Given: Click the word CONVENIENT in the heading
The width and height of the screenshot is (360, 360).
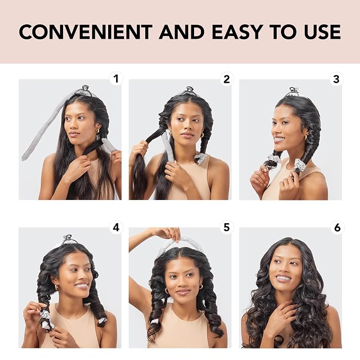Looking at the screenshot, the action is pyautogui.click(x=86, y=32).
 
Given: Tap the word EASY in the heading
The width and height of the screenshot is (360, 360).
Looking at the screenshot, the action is pyautogui.click(x=238, y=32).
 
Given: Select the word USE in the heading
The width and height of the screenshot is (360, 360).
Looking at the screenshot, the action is pyautogui.click(x=322, y=32).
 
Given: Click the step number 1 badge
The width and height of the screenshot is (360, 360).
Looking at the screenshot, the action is pyautogui.click(x=116, y=79).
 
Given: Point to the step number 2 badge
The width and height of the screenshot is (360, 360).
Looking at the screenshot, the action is pyautogui.click(x=226, y=79).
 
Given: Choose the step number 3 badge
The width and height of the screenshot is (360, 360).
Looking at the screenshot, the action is pyautogui.click(x=336, y=79).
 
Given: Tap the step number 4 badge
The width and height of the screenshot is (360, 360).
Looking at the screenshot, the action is pyautogui.click(x=116, y=227).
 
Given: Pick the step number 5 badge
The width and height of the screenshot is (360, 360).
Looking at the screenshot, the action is pyautogui.click(x=226, y=227).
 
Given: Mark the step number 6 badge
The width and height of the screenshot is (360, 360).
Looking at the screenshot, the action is pyautogui.click(x=337, y=227).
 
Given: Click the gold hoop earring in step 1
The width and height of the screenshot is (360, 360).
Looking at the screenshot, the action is pyautogui.click(x=98, y=130).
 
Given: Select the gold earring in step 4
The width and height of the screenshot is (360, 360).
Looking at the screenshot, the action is pyautogui.click(x=56, y=287).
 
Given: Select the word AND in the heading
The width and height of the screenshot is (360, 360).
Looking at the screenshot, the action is pyautogui.click(x=182, y=32).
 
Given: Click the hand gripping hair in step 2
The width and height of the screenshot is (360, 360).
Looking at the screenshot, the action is pyautogui.click(x=139, y=149).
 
